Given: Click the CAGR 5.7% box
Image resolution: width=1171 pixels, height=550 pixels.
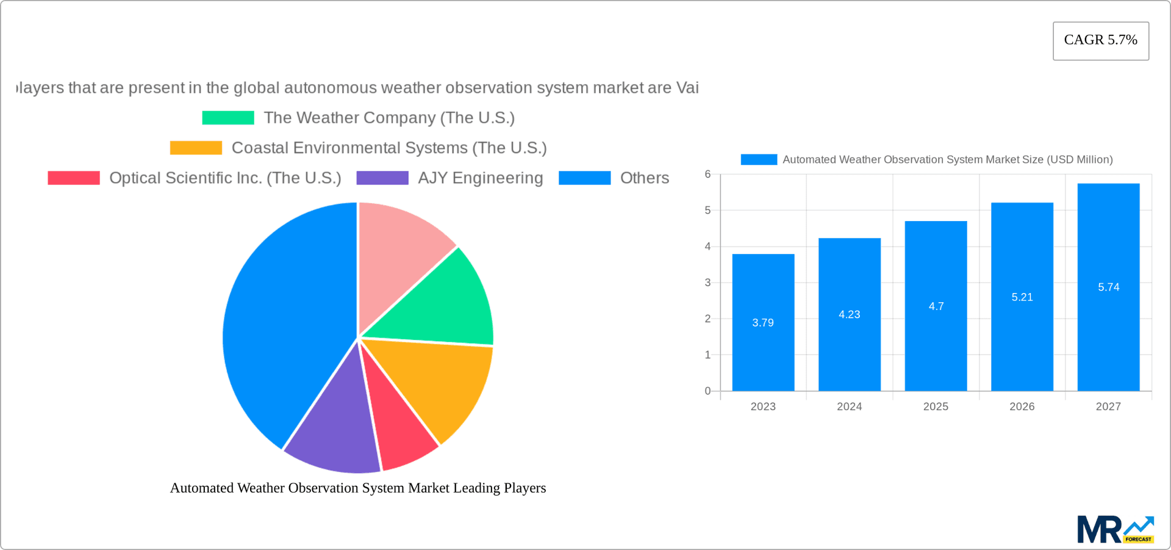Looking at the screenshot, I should click(1100, 40).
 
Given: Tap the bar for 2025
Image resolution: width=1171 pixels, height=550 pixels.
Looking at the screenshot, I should click(936, 342).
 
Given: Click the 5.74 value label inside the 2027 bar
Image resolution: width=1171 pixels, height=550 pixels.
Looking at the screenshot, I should click(1108, 287).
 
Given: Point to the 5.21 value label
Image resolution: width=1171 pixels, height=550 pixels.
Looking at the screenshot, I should click(1022, 297).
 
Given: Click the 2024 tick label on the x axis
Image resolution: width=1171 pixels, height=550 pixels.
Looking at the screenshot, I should click(849, 407).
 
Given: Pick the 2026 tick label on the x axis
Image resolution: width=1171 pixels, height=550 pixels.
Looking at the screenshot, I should click(1022, 407).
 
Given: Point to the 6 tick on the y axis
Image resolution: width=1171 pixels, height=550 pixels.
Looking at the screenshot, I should click(707, 175).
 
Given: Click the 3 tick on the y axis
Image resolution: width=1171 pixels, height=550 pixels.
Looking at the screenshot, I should click(707, 283).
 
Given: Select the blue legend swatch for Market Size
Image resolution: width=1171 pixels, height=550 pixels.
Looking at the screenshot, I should click(758, 159).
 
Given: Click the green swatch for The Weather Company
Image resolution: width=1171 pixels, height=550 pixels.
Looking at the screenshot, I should click(227, 118).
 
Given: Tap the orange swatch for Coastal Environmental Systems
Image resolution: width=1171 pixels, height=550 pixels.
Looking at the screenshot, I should click(196, 148).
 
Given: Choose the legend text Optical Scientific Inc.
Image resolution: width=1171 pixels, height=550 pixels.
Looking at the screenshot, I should click(225, 178).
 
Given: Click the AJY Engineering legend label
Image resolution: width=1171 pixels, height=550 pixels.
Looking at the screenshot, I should click(480, 178).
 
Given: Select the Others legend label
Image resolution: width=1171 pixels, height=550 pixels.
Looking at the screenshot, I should click(644, 178).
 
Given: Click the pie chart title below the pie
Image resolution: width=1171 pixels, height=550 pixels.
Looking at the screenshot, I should click(357, 488).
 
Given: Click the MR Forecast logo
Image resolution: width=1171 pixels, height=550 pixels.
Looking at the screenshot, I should click(1114, 529).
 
